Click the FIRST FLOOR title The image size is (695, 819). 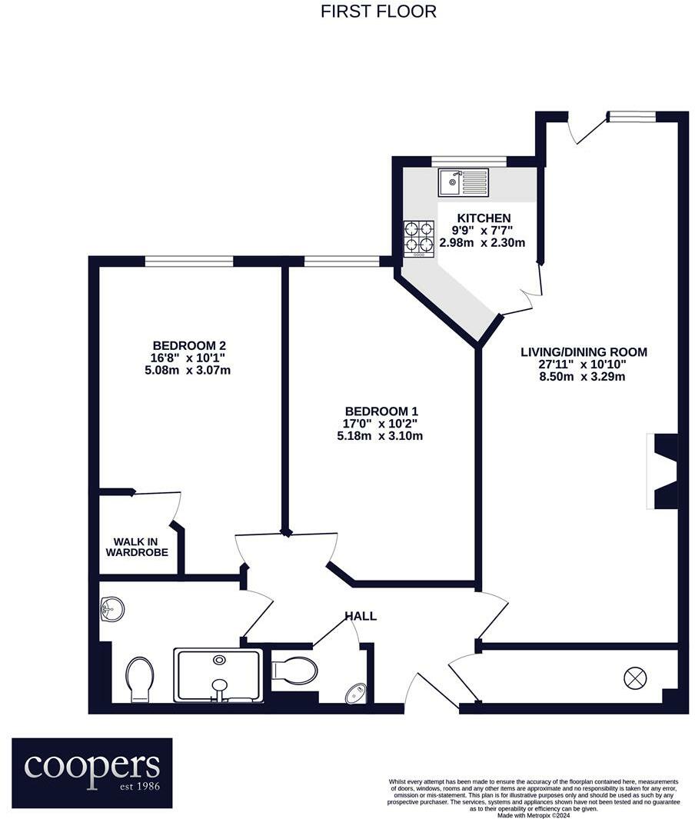[x=378, y=12]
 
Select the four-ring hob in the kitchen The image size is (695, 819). [x=419, y=237]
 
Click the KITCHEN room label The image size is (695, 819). [x=481, y=218]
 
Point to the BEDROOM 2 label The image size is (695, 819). [x=189, y=345]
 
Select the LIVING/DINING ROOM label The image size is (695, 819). [x=584, y=352]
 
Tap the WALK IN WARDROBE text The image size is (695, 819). [x=136, y=547]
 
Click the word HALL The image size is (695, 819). [x=360, y=616]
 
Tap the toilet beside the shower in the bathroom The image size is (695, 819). [x=139, y=678]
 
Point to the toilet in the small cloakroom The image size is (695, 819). [x=294, y=670]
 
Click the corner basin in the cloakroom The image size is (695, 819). [x=355, y=694]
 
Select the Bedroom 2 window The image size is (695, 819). [x=189, y=261]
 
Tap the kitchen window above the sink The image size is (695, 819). [x=468, y=161]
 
